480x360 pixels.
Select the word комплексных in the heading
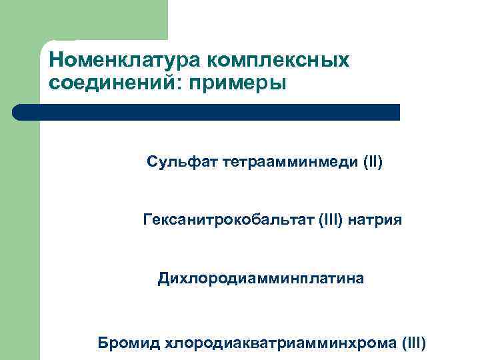(278, 60)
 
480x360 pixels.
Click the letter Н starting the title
(55, 60)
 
